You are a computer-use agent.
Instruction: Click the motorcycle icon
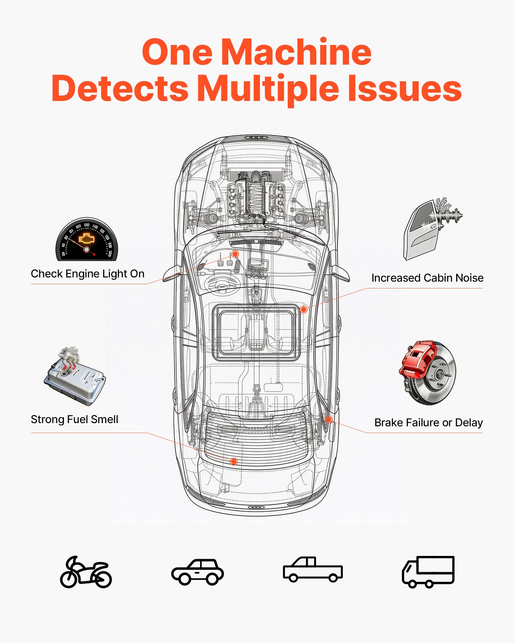click(86, 573)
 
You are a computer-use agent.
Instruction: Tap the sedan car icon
click(197, 573)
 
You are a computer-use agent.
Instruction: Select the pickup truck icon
click(313, 570)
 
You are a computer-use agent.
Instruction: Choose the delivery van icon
click(428, 572)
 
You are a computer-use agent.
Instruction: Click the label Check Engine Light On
click(87, 274)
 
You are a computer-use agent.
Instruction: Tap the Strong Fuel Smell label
click(75, 419)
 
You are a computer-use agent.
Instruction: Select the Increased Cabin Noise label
click(427, 278)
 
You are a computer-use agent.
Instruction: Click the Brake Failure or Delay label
click(429, 422)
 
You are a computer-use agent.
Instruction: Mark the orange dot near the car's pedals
click(235, 254)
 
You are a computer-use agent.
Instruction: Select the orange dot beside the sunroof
click(303, 310)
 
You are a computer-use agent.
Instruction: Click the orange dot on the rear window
click(234, 462)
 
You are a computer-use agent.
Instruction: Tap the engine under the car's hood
click(256, 196)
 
